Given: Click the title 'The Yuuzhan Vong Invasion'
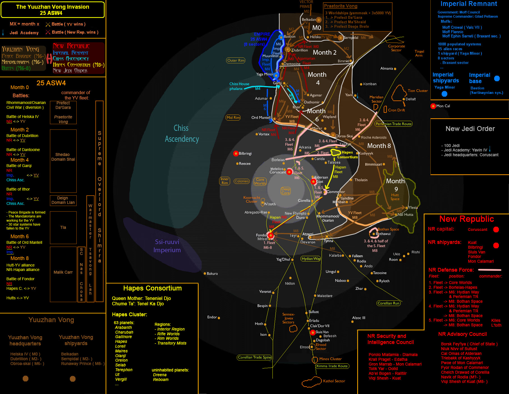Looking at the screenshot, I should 52,7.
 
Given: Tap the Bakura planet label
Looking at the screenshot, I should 212,274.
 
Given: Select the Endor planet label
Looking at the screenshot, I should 212,317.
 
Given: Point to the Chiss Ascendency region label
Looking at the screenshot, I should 182,134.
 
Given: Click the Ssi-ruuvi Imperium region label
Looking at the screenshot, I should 167,246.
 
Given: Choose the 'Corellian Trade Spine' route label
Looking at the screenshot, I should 254,357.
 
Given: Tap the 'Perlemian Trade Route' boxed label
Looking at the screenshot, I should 393,124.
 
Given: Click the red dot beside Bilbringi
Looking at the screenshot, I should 236,153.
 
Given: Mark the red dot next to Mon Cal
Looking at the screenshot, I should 433,106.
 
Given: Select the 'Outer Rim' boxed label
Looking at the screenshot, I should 236,60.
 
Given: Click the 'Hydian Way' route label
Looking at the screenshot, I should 311,259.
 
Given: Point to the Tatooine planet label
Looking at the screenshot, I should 380,273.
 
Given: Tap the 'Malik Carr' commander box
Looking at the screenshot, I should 63,272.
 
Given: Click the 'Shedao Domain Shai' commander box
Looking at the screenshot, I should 63,157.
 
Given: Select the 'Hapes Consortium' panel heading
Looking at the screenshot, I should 152,288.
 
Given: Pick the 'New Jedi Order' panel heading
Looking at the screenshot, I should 470,129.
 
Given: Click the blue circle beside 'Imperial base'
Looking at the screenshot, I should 497,78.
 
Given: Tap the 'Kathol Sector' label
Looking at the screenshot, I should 334,381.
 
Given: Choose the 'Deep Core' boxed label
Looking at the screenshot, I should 286,191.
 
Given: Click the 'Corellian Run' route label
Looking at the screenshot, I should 388,303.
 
